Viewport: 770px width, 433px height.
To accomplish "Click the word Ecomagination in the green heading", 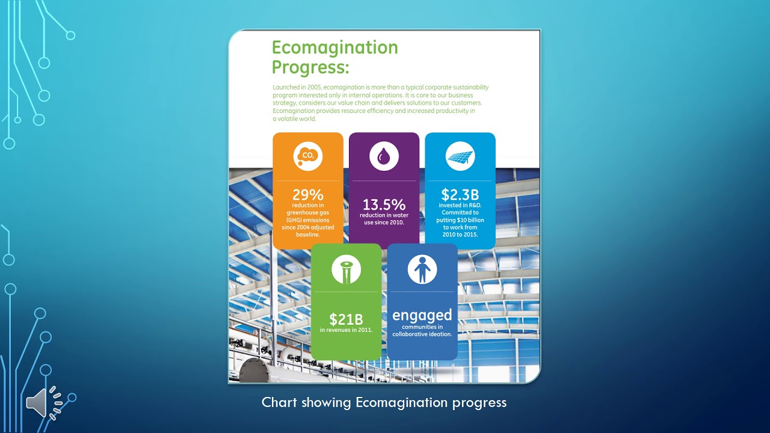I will (334, 48).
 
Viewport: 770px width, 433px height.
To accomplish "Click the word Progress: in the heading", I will (310, 67).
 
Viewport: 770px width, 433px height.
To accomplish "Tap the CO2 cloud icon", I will (308, 156).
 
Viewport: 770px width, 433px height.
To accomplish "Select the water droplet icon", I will (384, 157).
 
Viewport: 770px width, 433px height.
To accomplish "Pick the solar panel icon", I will (460, 157).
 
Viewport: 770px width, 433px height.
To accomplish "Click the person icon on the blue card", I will (422, 269).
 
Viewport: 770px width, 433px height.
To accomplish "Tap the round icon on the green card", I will (346, 269).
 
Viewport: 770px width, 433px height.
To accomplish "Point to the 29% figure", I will (308, 195).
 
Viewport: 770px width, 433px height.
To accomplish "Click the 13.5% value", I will (384, 204).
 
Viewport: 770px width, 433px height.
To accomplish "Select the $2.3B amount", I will (460, 195).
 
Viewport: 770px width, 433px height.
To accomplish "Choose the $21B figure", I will (346, 319).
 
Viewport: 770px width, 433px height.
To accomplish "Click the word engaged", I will (422, 315).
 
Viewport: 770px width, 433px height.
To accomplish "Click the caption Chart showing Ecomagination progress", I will (384, 402).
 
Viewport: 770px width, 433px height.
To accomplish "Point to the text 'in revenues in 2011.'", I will (346, 330).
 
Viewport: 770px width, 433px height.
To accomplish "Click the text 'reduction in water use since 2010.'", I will (384, 219).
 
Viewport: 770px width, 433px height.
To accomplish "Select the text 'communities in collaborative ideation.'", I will (422, 331).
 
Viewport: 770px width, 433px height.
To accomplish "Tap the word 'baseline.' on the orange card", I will (308, 235).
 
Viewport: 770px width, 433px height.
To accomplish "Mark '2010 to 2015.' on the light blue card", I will (460, 235).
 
